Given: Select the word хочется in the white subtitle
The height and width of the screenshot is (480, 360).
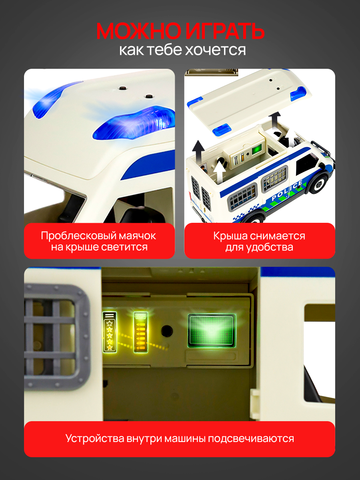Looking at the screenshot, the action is point(215,50).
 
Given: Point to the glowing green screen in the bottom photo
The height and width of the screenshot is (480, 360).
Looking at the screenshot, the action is point(212,331).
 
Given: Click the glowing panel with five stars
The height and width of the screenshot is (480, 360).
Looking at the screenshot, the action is point(110,332).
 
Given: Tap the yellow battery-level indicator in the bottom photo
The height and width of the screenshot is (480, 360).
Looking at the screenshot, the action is point(140,332).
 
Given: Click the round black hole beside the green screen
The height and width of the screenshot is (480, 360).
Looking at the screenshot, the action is point(167,331).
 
